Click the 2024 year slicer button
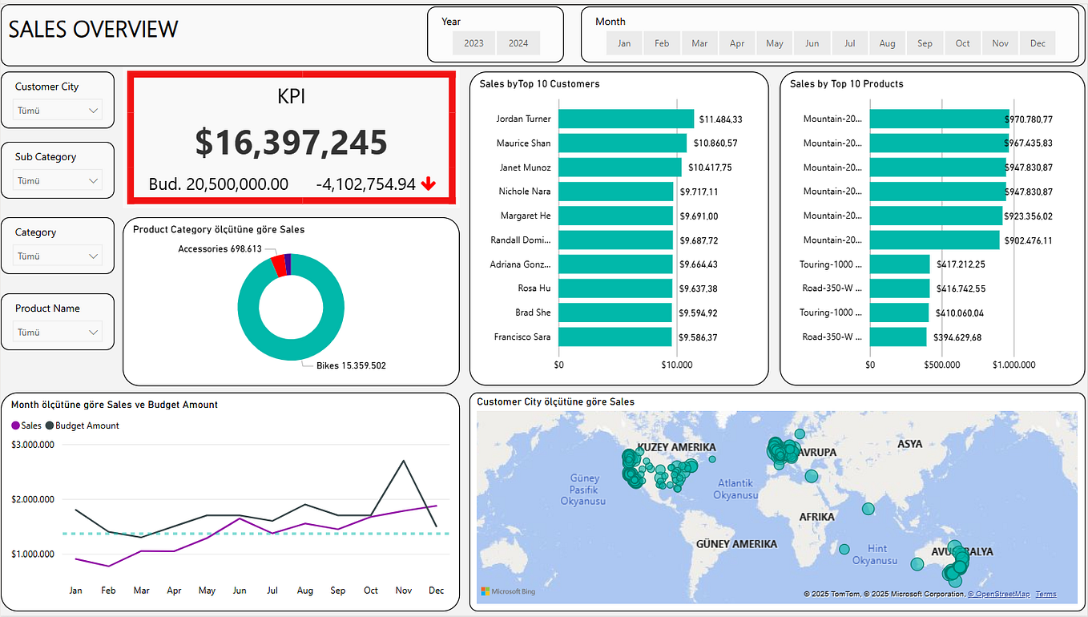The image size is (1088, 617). coord(518,43)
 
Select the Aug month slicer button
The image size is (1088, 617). coord(887,43)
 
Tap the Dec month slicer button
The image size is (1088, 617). coord(1038,43)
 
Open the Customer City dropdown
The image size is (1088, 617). coord(58,111)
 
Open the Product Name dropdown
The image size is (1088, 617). coord(58,332)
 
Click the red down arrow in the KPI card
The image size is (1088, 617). coord(429,184)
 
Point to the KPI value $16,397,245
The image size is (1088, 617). coord(291,142)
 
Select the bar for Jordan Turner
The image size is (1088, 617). coord(626,119)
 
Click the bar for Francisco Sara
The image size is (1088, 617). coord(615,337)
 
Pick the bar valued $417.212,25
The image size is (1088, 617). coord(900,264)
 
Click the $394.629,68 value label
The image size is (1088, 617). coord(957,337)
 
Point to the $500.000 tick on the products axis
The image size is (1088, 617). coord(941,365)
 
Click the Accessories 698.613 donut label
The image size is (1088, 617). coord(220,249)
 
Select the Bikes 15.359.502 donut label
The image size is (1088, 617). coord(351,365)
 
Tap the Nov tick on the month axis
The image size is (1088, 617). coord(403,591)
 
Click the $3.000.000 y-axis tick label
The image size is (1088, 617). coord(33,445)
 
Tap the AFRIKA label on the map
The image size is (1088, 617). coord(816,517)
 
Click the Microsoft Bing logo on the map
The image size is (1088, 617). coord(508,591)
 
